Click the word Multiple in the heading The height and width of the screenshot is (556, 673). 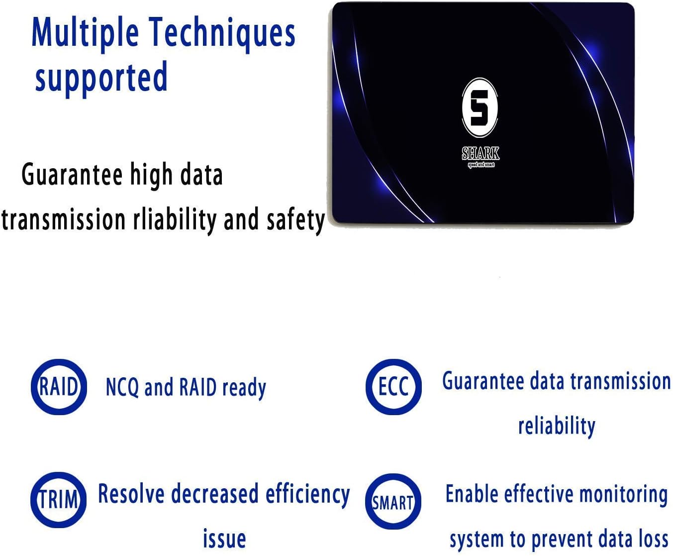(85, 33)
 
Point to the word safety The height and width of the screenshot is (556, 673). (295, 220)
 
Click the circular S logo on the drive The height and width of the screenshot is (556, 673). (480, 108)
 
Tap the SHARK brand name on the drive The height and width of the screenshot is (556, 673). (481, 153)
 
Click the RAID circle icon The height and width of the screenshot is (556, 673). (59, 387)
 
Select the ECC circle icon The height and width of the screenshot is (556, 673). (393, 387)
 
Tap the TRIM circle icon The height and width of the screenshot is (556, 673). (59, 500)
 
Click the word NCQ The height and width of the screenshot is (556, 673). (122, 387)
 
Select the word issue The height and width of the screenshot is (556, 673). (224, 539)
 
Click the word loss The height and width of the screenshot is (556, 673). (653, 539)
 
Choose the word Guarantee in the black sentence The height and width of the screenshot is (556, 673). (72, 175)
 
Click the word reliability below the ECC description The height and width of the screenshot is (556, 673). (557, 426)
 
